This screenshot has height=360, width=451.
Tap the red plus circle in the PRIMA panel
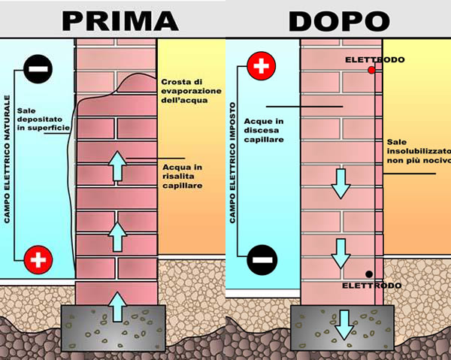pos(37,260)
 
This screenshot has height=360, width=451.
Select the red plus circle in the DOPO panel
pos(261,68)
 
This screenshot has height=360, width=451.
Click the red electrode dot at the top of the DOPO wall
pos(371,70)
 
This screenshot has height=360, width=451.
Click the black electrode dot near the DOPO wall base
pos(368,274)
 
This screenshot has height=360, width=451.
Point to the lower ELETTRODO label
pos(371,286)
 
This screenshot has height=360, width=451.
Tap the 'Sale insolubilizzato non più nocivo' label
pos(418,151)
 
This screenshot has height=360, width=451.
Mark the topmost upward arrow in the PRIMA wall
pos(118,165)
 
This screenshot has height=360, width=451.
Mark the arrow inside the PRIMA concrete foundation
pos(118,308)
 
